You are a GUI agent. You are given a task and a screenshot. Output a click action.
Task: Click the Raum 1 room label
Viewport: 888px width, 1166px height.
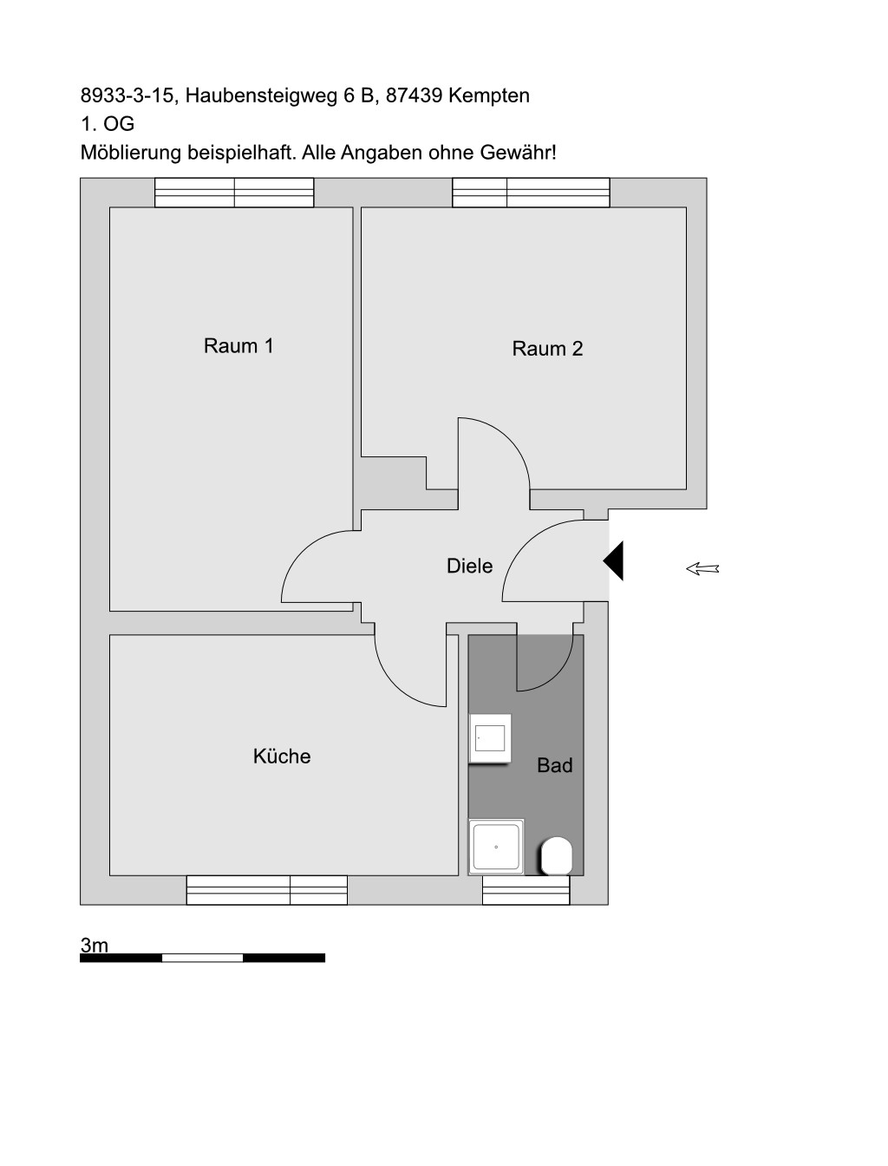(x=238, y=346)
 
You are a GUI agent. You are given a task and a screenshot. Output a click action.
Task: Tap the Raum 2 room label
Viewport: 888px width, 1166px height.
(x=547, y=349)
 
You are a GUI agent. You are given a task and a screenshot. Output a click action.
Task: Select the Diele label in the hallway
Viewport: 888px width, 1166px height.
(x=469, y=566)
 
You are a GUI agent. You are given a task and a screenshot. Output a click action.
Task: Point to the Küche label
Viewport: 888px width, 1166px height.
(x=281, y=756)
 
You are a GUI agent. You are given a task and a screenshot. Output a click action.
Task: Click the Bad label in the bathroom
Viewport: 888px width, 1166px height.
(x=555, y=765)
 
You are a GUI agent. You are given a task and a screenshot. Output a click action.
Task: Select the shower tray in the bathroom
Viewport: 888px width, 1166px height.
(x=496, y=847)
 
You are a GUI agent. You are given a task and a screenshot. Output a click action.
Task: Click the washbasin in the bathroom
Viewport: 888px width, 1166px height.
(x=489, y=738)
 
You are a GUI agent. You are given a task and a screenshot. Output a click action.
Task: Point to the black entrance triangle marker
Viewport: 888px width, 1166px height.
(x=613, y=561)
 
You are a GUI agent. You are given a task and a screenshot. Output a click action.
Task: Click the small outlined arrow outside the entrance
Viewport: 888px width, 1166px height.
(x=702, y=569)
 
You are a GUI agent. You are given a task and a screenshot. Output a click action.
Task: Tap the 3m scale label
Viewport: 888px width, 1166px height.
(x=94, y=945)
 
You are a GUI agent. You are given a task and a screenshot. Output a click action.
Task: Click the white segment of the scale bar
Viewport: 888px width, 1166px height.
(x=202, y=958)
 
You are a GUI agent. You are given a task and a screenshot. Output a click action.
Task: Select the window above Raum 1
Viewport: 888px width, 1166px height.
(x=234, y=193)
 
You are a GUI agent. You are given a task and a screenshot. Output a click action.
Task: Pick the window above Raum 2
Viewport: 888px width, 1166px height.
(x=531, y=193)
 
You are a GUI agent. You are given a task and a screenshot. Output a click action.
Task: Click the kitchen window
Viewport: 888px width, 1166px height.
(x=266, y=890)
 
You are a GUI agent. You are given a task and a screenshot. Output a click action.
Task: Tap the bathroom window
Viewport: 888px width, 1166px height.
(x=526, y=890)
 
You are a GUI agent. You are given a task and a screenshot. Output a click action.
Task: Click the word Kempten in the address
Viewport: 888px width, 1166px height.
(x=489, y=96)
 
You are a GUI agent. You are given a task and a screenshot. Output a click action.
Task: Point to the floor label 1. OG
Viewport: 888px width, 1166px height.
(x=108, y=124)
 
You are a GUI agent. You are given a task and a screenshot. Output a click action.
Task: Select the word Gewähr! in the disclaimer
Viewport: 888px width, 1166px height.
(x=518, y=153)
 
